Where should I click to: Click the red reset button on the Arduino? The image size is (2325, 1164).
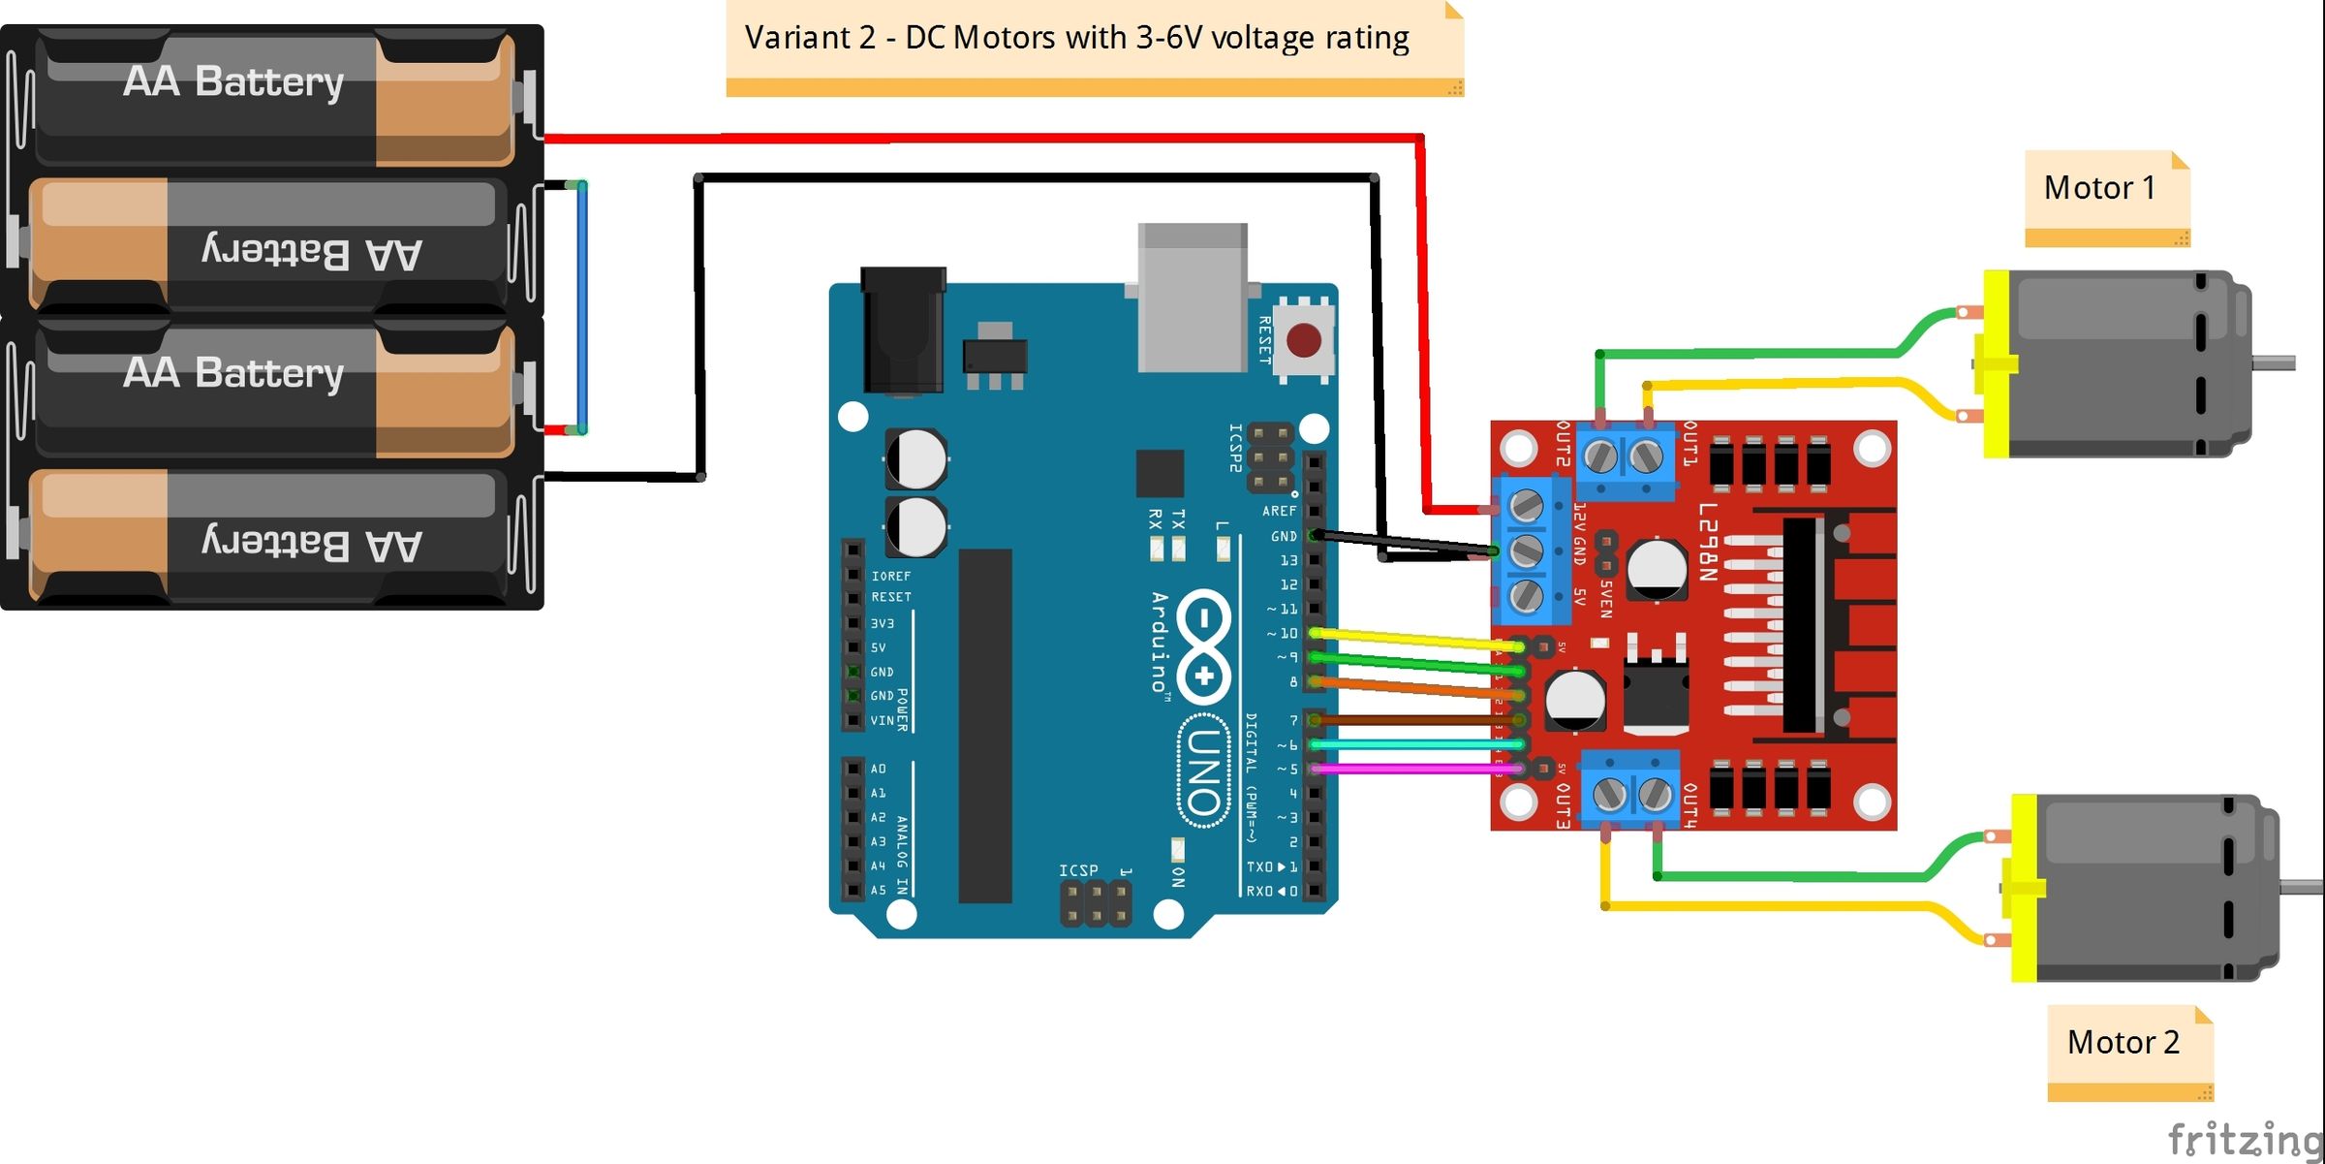[1303, 340]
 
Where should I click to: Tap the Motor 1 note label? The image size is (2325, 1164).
[2099, 188]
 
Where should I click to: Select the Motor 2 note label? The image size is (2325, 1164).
[2123, 1042]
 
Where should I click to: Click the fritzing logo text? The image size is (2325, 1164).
[2244, 1139]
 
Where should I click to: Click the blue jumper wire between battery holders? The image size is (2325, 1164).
[582, 305]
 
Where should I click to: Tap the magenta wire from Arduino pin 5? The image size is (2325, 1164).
[1414, 769]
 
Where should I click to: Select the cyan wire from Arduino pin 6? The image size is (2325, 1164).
[1414, 744]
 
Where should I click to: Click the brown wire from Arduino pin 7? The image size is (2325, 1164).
[1414, 720]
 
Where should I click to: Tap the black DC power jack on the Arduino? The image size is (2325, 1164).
[903, 330]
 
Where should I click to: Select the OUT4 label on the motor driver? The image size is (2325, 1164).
[1689, 805]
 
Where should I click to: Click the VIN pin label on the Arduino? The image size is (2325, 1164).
[882, 720]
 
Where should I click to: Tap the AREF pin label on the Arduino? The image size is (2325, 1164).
[1279, 511]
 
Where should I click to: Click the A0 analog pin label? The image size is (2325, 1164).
[878, 769]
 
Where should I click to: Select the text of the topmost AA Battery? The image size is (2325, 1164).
[233, 81]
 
